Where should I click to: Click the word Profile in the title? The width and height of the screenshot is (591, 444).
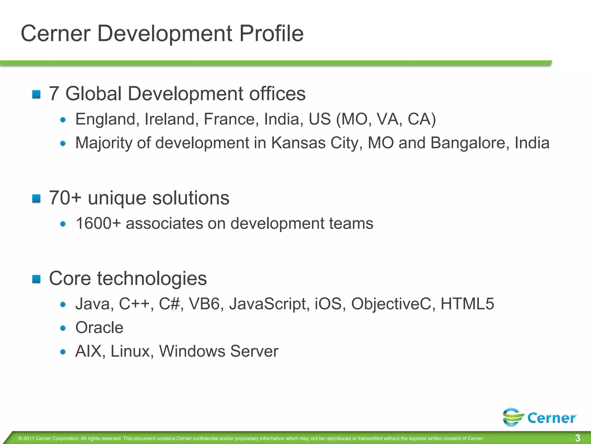(271, 34)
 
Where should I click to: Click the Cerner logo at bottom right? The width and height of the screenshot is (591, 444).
(540, 417)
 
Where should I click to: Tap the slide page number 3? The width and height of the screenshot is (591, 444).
(577, 438)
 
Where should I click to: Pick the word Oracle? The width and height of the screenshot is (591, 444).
(99, 328)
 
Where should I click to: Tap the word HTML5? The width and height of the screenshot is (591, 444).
(467, 304)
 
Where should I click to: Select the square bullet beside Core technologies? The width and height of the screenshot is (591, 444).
(36, 279)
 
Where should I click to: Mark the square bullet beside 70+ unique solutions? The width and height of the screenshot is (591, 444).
(36, 199)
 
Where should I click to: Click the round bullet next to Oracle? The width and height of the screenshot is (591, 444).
(63, 328)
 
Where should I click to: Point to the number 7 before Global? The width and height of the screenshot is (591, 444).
(54, 94)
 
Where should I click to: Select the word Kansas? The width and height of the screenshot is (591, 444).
(298, 143)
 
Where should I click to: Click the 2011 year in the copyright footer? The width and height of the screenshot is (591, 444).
(29, 439)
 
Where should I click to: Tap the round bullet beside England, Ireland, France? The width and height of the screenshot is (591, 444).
(63, 120)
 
